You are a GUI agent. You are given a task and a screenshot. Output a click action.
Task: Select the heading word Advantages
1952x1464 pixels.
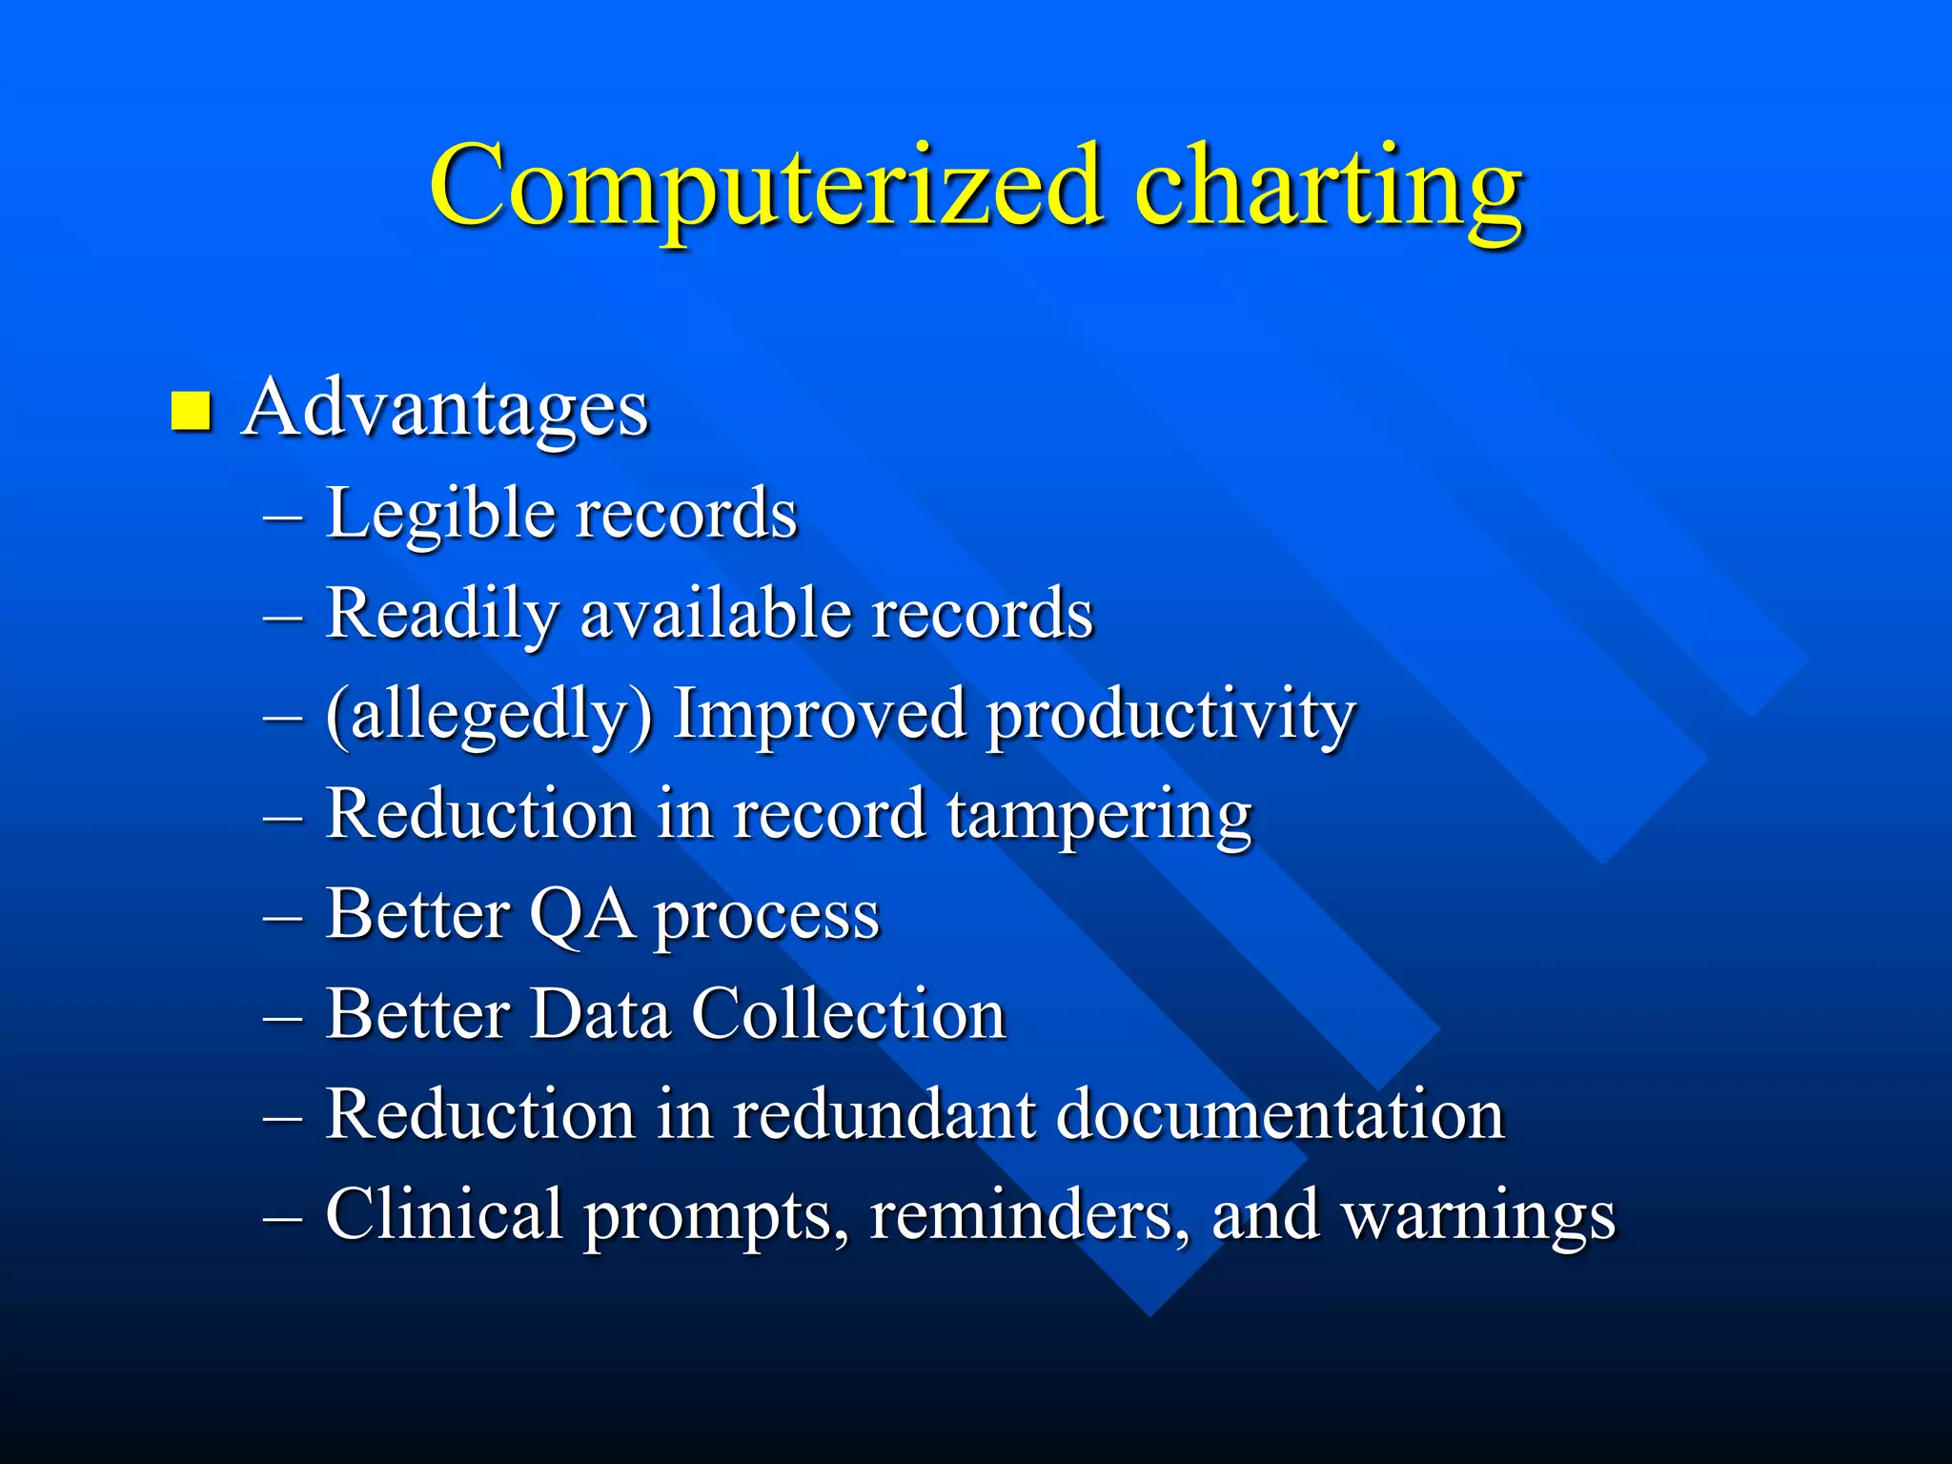pyautogui.click(x=445, y=408)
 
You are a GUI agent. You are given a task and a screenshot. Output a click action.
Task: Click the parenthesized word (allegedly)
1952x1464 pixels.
pyautogui.click(x=489, y=715)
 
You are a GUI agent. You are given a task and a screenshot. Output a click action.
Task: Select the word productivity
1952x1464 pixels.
pyautogui.click(x=1170, y=715)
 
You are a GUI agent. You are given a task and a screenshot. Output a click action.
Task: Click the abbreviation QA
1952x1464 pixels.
pyautogui.click(x=581, y=915)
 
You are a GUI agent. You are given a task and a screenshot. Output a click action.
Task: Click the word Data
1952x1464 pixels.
pyautogui.click(x=600, y=1014)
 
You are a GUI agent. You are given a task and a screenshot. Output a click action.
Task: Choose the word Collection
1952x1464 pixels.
pyautogui.click(x=848, y=1014)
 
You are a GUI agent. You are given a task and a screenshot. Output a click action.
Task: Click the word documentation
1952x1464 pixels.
pyautogui.click(x=1280, y=1114)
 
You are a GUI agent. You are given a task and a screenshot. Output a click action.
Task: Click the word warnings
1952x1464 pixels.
pyautogui.click(x=1478, y=1216)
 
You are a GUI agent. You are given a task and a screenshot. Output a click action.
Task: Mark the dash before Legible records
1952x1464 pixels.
pyautogui.click(x=283, y=518)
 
